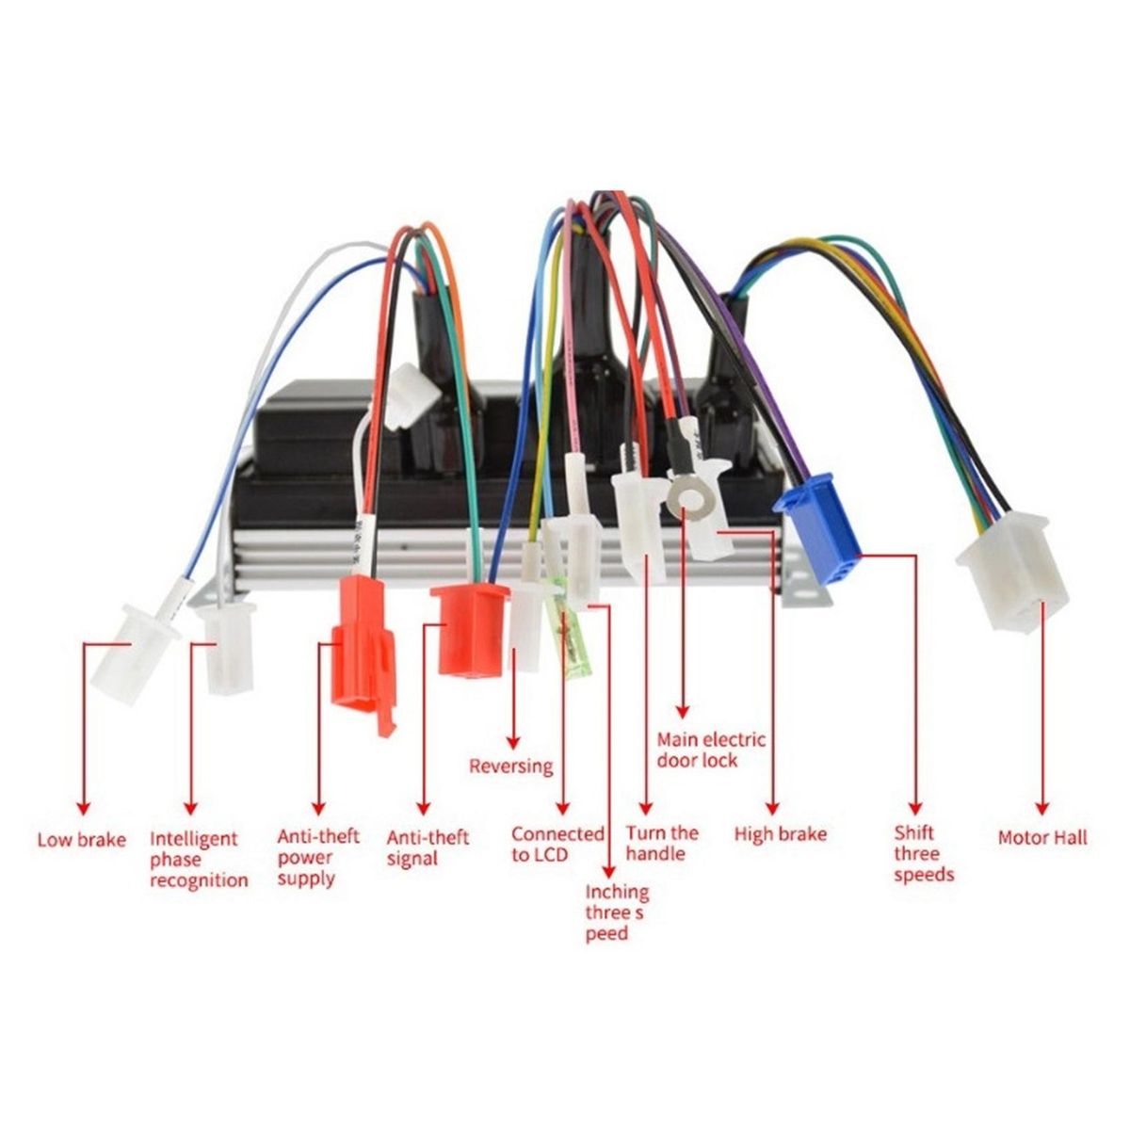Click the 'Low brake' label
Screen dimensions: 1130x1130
81,839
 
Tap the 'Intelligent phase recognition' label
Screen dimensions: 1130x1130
199,859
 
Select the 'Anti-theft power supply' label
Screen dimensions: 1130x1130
318,857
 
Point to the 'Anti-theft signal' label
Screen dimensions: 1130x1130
428,847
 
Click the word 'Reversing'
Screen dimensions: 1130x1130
511,766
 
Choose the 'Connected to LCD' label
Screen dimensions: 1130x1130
557,844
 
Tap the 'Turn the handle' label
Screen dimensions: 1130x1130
662,843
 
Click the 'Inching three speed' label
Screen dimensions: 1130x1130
616,912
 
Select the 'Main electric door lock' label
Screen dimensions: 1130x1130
711,750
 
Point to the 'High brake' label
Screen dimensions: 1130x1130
780,834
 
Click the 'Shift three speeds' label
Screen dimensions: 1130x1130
923,853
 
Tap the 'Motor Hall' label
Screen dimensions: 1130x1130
1041,837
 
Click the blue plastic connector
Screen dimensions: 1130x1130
818,528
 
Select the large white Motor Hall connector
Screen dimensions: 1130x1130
1015,572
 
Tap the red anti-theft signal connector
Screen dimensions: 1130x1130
471,628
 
